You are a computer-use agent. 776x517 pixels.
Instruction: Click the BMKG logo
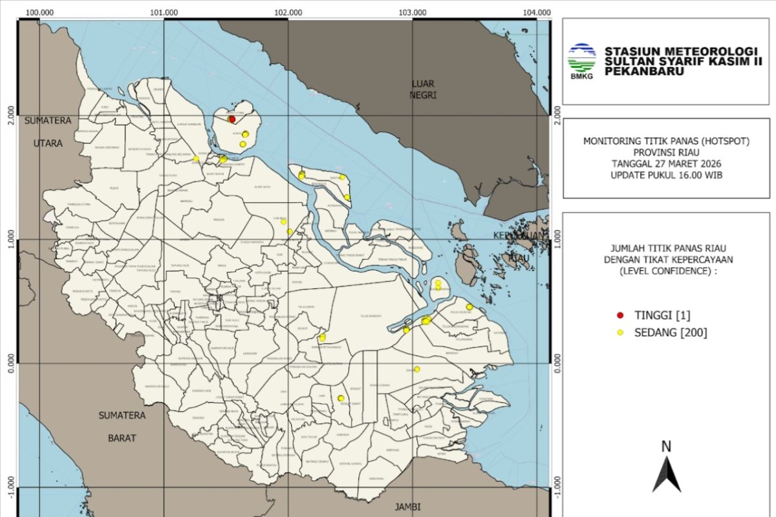point(581,62)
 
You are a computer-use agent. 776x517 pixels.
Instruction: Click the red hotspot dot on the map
point(232,120)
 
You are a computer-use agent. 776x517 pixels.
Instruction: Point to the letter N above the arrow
point(666,447)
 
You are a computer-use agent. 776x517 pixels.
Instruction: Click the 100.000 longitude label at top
point(40,12)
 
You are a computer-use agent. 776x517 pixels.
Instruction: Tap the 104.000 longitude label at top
point(537,12)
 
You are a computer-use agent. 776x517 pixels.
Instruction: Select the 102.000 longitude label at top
point(288,12)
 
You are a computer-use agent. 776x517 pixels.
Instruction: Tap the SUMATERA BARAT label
point(122,427)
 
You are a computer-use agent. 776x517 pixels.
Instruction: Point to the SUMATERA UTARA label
point(48,132)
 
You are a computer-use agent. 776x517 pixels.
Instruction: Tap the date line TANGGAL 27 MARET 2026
point(667,164)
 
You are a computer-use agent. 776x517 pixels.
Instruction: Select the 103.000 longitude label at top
point(413,12)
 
